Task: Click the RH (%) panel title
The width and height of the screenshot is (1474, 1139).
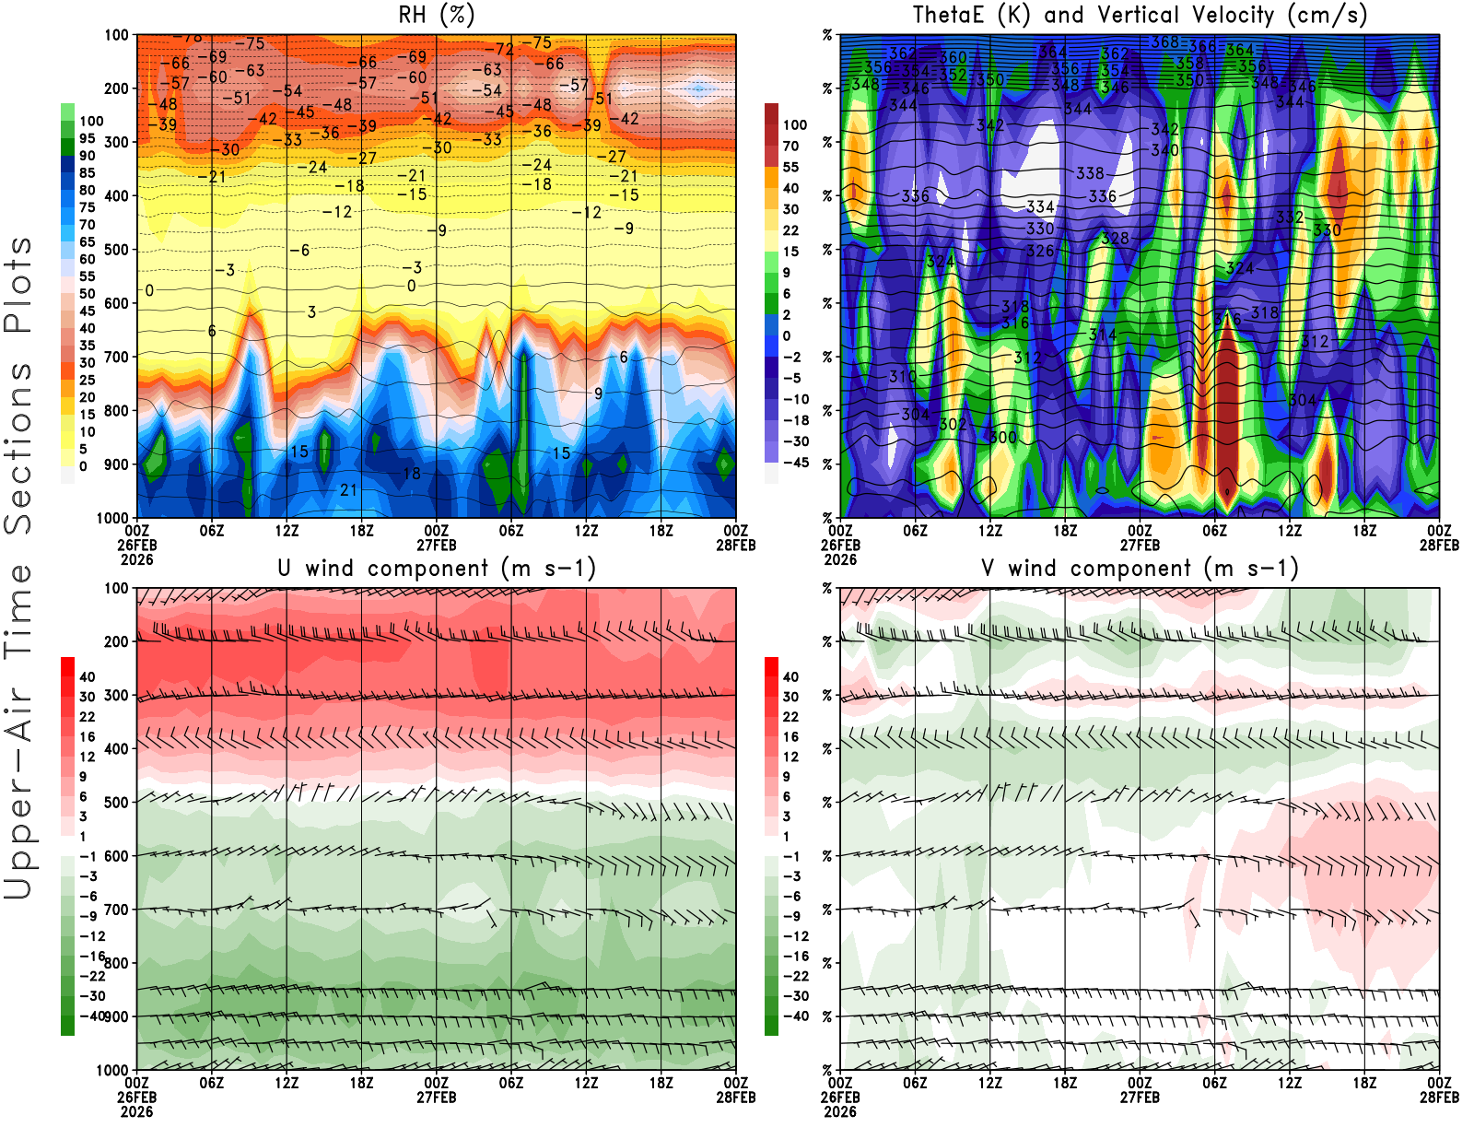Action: coord(437,15)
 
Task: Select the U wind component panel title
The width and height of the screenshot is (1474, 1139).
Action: coord(437,568)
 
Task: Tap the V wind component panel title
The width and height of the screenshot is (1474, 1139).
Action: coord(1140,568)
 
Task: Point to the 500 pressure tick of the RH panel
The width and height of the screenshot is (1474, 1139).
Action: coord(117,250)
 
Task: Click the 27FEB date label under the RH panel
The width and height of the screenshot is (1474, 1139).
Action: coord(437,546)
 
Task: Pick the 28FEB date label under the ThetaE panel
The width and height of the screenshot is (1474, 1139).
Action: coord(1439,546)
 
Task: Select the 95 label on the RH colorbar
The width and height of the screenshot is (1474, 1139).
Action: coord(88,138)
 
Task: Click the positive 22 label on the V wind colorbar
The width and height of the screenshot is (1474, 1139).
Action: coord(791,717)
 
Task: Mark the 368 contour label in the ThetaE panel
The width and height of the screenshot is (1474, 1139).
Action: coord(1164,42)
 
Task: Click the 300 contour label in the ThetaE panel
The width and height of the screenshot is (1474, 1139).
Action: coord(1002,438)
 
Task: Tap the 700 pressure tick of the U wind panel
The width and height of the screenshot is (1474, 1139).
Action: coord(117,910)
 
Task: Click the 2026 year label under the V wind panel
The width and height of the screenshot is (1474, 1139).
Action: coord(840,1112)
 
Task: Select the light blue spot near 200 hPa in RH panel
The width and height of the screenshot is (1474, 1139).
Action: coord(699,89)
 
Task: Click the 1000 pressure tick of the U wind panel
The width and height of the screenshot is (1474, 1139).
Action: coord(113,1071)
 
